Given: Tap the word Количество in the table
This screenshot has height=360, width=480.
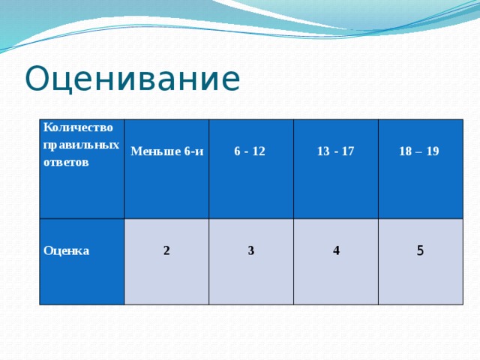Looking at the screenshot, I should tap(78, 127).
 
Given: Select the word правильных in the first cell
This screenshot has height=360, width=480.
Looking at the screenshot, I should tap(81, 144).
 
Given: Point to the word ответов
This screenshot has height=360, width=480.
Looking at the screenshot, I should tap(67, 161).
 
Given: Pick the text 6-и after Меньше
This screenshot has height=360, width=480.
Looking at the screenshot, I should tap(193, 151).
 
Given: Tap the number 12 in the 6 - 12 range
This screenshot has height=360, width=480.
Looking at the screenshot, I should tap(259, 151).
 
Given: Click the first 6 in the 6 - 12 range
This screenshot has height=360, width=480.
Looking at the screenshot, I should tap(237, 151).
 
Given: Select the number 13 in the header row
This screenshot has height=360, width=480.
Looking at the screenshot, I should tap(322, 151).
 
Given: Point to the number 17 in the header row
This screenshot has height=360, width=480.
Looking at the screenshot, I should tap(347, 151).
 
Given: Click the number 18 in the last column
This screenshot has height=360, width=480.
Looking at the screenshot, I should tap(405, 151).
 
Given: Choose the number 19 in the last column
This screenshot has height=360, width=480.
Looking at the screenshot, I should tap(433, 151).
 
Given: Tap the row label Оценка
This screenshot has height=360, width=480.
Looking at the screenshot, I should tap(67, 250).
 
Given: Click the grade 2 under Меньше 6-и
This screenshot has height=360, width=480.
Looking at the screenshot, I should tap(166, 250).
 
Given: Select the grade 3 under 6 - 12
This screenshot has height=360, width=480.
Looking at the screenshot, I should tap(250, 250).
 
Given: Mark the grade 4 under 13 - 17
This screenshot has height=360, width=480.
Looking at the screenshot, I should tap(336, 251).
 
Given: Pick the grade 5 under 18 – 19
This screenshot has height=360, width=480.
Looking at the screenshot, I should tap(420, 251).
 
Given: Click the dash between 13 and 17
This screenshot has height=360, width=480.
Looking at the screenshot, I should tap(335, 151).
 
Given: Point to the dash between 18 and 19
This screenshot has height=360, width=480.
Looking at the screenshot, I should tap(419, 151).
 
